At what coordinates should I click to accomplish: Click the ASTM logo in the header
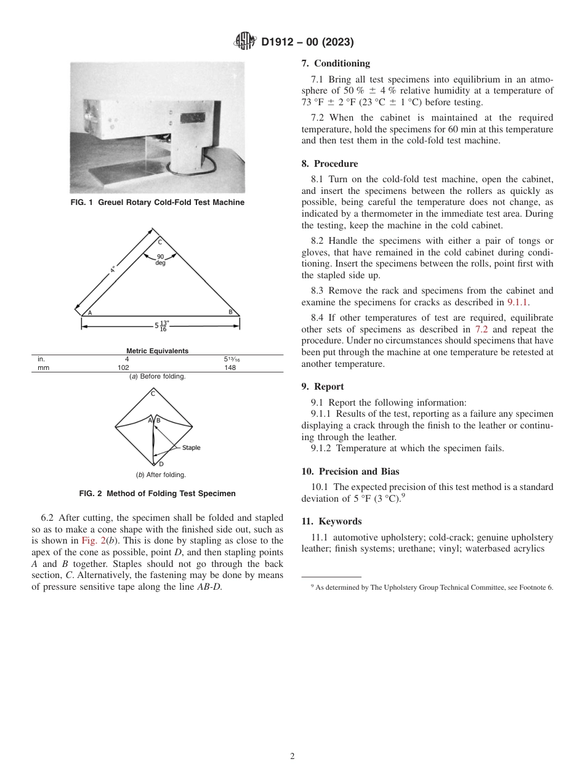[x=245, y=42]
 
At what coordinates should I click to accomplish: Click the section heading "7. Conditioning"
[x=336, y=63]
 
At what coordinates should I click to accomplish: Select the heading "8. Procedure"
[x=329, y=164]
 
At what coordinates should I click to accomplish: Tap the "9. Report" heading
[x=323, y=387]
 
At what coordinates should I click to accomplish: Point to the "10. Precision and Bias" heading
[x=350, y=472]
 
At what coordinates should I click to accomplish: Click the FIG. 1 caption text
[x=157, y=203]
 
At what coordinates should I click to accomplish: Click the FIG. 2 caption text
[x=157, y=494]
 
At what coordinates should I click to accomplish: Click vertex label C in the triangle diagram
[x=160, y=241]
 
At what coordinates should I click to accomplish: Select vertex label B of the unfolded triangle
[x=230, y=312]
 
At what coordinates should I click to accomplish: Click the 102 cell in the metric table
[x=127, y=367]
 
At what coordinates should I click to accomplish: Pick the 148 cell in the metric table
[x=230, y=367]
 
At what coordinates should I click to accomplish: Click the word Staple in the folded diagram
[x=191, y=448]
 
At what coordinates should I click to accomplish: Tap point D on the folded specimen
[x=161, y=464]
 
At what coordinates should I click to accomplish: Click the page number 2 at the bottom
[x=292, y=757]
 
